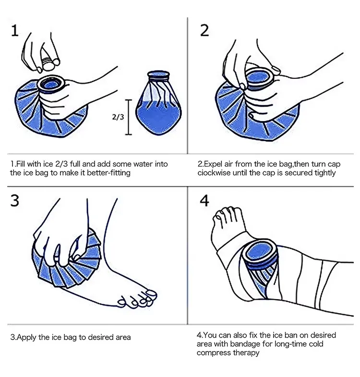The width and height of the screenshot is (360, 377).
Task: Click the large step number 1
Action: pyautogui.click(x=15, y=31)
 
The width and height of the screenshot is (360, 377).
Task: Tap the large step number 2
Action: pyautogui.click(x=204, y=31)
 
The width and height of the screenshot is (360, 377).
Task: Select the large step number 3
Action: pyautogui.click(x=15, y=201)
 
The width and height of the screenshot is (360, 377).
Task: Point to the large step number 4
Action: pyautogui.click(x=204, y=201)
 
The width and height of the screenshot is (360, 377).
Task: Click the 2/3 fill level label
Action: pyautogui.click(x=118, y=117)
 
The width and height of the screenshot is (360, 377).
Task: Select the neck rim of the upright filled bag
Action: pyautogui.click(x=158, y=76)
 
